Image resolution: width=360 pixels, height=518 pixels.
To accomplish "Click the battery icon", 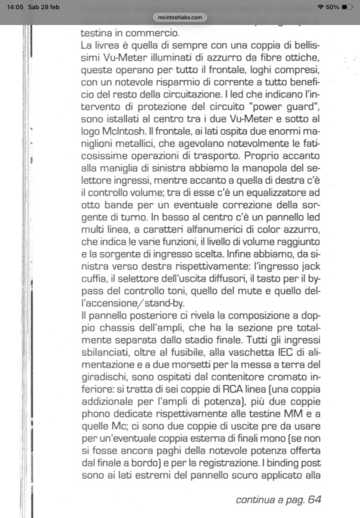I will coord(348,7).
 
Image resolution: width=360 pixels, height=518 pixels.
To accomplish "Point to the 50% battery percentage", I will coord(332,7).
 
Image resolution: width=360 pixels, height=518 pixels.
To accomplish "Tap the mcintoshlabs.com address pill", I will coord(180,17).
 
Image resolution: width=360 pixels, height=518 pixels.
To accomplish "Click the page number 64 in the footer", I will coord(313,500).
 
